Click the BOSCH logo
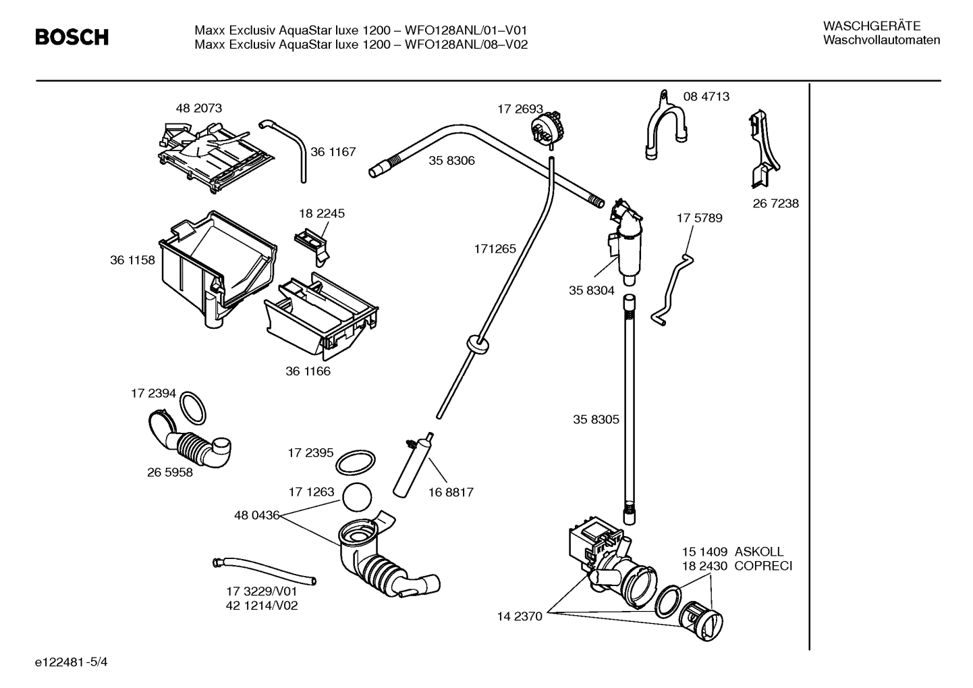click(72, 37)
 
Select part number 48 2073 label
click(198, 108)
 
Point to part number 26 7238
click(775, 203)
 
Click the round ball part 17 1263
click(358, 498)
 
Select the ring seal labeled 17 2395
click(355, 463)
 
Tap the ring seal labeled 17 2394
click(193, 408)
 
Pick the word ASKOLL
click(759, 552)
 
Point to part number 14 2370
click(520, 616)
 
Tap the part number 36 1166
click(308, 371)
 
